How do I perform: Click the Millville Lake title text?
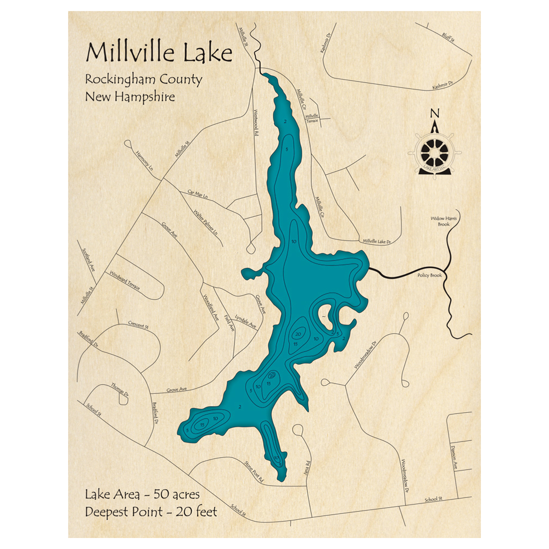pyautogui.click(x=159, y=54)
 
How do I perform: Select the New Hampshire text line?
pyautogui.click(x=130, y=97)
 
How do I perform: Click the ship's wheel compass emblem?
pyautogui.click(x=435, y=152)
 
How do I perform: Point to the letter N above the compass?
pyautogui.click(x=435, y=114)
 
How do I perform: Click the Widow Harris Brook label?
pyautogui.click(x=444, y=221)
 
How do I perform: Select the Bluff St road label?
pyautogui.click(x=448, y=36)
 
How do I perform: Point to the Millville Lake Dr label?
pyautogui.click(x=376, y=241)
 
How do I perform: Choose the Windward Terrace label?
pyautogui.click(x=125, y=280)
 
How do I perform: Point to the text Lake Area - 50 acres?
pyautogui.click(x=142, y=494)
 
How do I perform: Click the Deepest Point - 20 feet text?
pyautogui.click(x=151, y=512)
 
